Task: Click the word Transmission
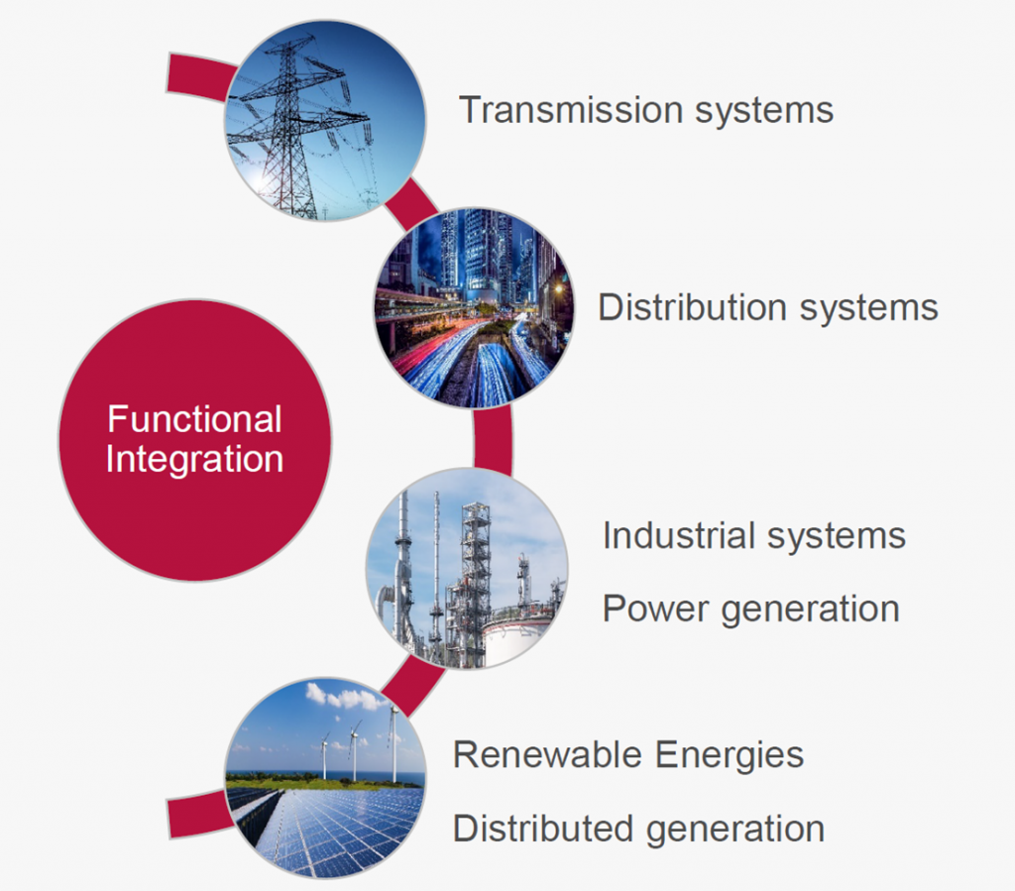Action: pyautogui.click(x=571, y=109)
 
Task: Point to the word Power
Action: pyautogui.click(x=655, y=609)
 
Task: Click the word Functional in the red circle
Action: pyautogui.click(x=194, y=418)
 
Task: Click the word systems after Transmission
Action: pyautogui.click(x=764, y=111)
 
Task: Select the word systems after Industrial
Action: pyautogui.click(x=837, y=537)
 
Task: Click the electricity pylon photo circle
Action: pyautogui.click(x=325, y=121)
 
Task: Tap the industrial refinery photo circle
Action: pyautogui.click(x=467, y=568)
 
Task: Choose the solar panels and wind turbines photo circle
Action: pyautogui.click(x=325, y=778)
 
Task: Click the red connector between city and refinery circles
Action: pyautogui.click(x=493, y=438)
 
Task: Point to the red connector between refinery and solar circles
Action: pyautogui.click(x=412, y=685)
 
